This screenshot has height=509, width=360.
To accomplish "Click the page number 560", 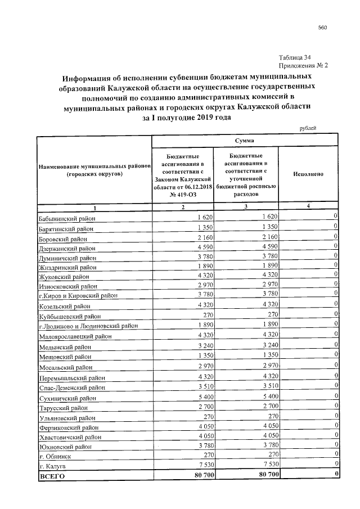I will click(x=322, y=28).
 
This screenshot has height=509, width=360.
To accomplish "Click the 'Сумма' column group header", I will click(x=244, y=139).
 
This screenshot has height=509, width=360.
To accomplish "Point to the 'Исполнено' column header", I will click(x=308, y=174).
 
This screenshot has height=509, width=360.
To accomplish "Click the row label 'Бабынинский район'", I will click(x=66, y=218).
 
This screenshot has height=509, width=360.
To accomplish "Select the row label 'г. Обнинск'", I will click(x=55, y=457).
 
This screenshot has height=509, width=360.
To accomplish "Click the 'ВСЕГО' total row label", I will click(x=52, y=477).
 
